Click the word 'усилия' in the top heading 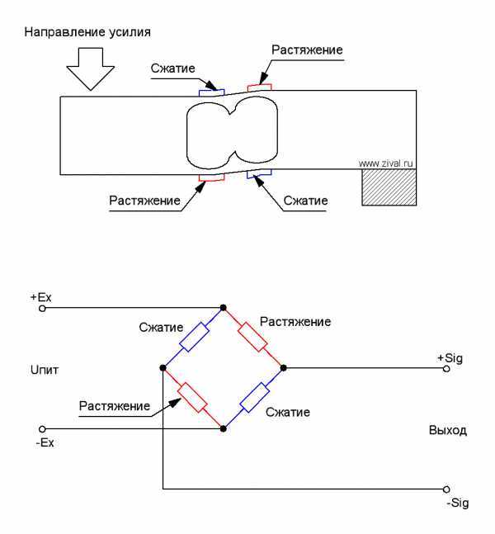coord(130,32)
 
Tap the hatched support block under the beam coord(389,187)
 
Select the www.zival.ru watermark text coord(386,163)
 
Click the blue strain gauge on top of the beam coord(211,92)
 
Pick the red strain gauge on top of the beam coord(259,87)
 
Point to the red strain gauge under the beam coord(211,177)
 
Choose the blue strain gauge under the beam coord(259,173)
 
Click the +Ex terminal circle coord(42,309)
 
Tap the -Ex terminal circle coord(42,428)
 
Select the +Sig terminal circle coord(446,368)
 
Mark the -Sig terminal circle coord(446,489)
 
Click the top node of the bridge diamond coord(224,308)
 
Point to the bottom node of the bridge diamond coord(224,428)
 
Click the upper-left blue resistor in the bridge coord(194,337)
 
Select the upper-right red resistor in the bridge coord(252,337)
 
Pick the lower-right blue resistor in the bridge coord(255,398)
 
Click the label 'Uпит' coord(45,370)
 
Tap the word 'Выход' coord(448,431)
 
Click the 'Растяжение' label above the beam coord(307,50)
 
